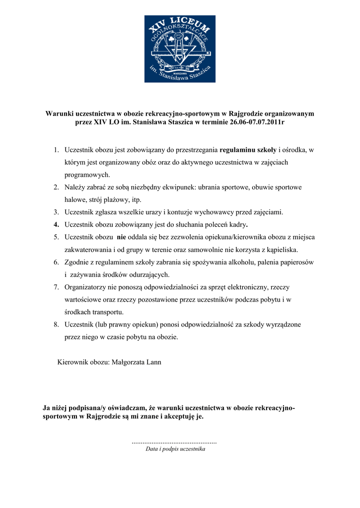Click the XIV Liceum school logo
tap(180, 49)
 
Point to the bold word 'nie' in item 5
tap(121, 237)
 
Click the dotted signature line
tap(174, 441)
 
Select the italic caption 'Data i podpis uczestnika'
tap(175, 449)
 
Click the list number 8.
tap(57, 324)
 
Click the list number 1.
tap(57, 149)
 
